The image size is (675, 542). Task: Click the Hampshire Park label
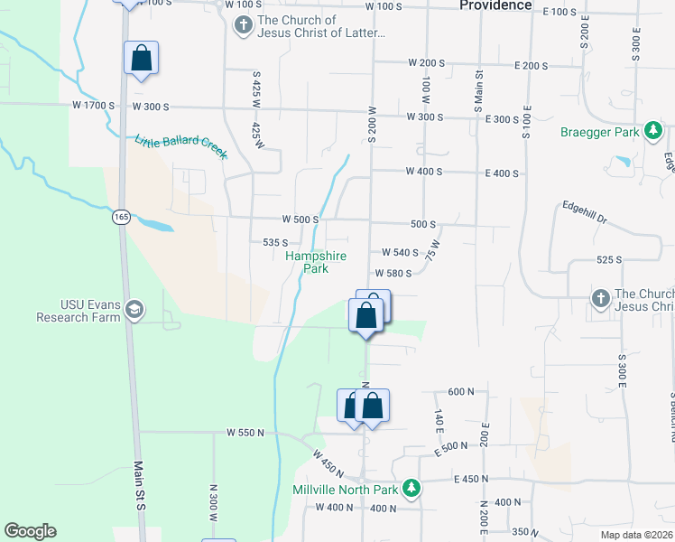[x=316, y=262]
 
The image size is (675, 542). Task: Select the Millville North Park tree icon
[x=411, y=489]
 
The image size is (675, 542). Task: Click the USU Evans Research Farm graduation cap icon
[x=134, y=311]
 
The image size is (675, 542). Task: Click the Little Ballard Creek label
[x=180, y=147]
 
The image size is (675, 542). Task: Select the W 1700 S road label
[x=95, y=106]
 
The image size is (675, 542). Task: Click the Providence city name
[x=495, y=5]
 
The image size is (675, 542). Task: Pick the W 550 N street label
[x=245, y=433]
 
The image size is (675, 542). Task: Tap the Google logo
[x=30, y=531]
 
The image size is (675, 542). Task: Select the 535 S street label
[x=274, y=243]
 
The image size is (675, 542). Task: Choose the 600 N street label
[x=460, y=391]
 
